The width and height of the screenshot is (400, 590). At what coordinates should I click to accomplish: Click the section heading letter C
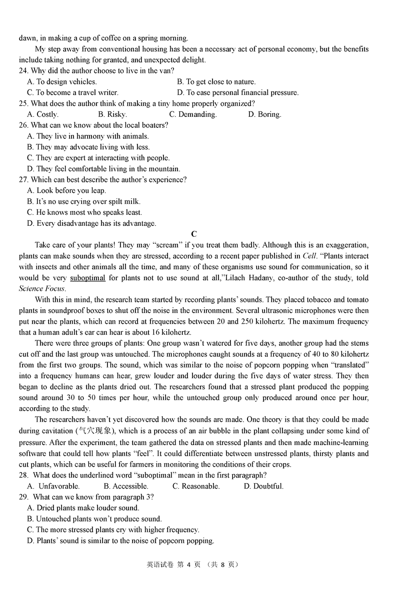(x=194, y=234)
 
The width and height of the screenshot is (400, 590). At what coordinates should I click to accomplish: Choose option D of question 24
(x=237, y=92)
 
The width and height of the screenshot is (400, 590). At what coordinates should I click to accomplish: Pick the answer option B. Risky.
(x=112, y=114)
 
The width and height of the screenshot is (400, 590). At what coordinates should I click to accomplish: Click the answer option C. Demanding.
(x=192, y=114)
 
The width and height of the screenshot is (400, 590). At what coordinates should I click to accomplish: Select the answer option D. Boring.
(x=264, y=114)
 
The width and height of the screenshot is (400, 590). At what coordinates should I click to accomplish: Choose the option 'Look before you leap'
(x=66, y=190)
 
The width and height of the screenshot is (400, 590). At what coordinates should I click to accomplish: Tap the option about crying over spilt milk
(x=83, y=201)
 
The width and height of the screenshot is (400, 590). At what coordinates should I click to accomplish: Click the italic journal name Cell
(x=310, y=256)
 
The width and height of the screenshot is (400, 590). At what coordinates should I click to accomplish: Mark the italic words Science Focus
(x=42, y=289)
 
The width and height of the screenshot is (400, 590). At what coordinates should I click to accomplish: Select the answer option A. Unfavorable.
(x=53, y=486)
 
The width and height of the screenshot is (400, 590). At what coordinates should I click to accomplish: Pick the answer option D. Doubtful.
(x=263, y=486)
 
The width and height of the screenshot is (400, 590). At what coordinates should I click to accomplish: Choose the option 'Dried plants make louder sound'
(x=83, y=508)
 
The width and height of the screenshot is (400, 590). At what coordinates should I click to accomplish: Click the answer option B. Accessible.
(x=126, y=486)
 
